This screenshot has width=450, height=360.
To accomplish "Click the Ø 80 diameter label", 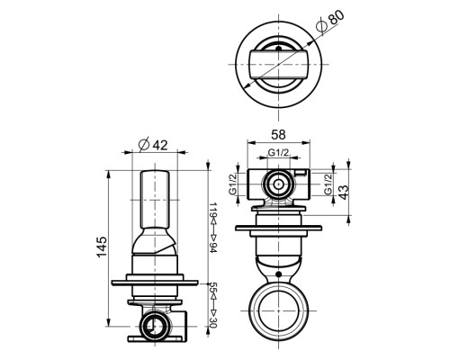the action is coord(330,22).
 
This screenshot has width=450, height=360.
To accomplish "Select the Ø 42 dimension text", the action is coord(153,145).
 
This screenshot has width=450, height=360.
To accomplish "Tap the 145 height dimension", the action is coord(102,247).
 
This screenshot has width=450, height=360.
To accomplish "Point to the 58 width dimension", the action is coord(278,135).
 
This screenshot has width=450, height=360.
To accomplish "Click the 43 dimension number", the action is coord(344,193).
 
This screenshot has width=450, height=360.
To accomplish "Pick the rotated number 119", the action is coord(212,211).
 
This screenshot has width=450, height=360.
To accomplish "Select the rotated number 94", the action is coord(212,247).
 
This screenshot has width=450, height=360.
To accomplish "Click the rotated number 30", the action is coord(212,322).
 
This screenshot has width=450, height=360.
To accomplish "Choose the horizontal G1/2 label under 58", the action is coord(278,153).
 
